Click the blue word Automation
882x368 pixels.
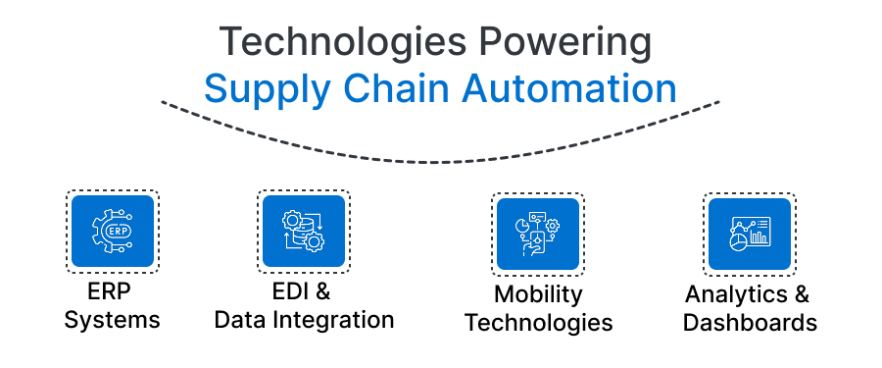(x=568, y=89)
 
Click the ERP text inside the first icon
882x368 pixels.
(x=116, y=231)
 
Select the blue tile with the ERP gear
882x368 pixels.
(x=113, y=232)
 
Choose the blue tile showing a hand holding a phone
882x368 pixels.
(x=538, y=233)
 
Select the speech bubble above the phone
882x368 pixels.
(x=536, y=215)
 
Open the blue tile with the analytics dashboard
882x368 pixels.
(x=749, y=233)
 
